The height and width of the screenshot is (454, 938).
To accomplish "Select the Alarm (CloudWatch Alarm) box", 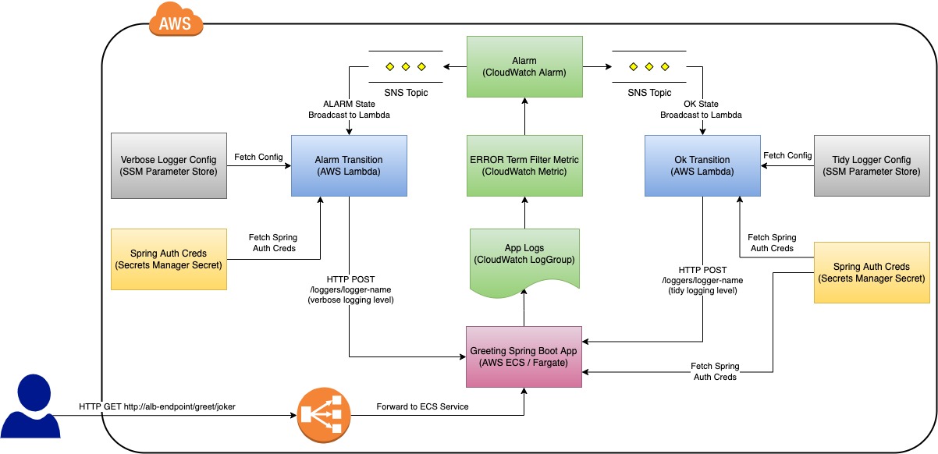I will [x=524, y=66].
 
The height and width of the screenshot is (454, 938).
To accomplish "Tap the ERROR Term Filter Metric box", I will [x=524, y=165].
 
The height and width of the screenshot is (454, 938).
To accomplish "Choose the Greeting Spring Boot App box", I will [x=524, y=356].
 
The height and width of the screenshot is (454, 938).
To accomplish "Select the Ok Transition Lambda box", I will [x=702, y=165].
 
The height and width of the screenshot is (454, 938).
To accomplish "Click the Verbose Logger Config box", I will [x=169, y=165].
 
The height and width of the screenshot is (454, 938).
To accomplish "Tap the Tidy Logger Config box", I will [x=872, y=165].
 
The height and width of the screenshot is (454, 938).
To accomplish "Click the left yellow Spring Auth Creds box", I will [x=169, y=259].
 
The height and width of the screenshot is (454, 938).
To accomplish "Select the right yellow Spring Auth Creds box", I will [x=872, y=272].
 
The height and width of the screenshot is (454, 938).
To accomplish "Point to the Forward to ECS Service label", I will [x=422, y=406].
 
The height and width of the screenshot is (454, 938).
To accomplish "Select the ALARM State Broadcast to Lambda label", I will [x=349, y=109].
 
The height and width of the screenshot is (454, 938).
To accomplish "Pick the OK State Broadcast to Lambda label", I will [x=701, y=109].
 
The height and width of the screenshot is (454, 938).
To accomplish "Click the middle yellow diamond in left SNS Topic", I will [x=405, y=66].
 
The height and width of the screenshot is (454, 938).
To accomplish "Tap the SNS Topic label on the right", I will [x=649, y=93].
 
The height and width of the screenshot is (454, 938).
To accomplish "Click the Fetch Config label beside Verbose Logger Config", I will [x=258, y=157].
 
